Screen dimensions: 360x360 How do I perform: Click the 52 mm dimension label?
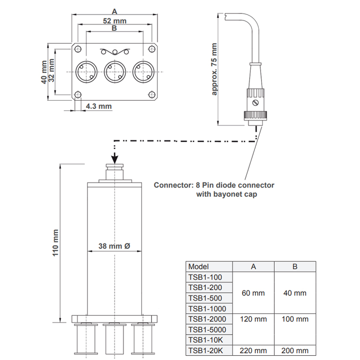(x=115, y=21)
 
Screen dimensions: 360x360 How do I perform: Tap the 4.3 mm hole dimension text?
(x=99, y=106)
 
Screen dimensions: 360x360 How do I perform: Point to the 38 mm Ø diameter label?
(x=114, y=246)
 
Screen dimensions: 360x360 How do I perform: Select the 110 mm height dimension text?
(x=56, y=243)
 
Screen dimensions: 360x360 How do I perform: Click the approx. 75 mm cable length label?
(x=214, y=69)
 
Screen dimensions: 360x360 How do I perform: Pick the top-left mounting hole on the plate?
(x=78, y=49)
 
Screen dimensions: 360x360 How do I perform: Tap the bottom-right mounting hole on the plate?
(x=151, y=95)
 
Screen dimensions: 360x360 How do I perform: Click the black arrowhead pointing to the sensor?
(x=115, y=159)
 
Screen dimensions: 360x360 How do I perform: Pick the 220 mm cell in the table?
(x=253, y=350)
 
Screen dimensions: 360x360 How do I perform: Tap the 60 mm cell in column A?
(x=253, y=293)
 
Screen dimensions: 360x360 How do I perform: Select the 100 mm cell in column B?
(x=295, y=319)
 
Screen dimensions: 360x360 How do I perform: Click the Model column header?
(x=198, y=266)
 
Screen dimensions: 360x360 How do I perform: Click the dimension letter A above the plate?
(x=114, y=11)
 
